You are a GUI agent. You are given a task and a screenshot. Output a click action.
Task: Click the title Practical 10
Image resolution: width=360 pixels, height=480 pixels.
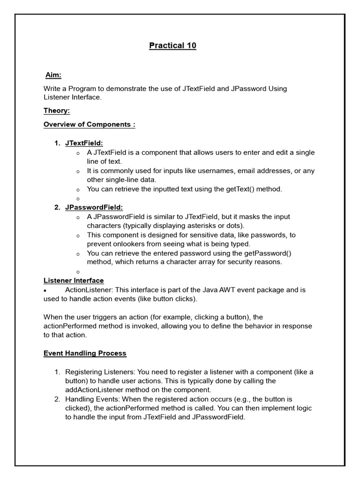tap(172, 45)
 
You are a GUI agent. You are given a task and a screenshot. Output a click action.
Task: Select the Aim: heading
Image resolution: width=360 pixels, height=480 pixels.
tap(53, 75)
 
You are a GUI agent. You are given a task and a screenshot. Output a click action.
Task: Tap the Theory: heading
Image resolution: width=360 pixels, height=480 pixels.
tap(57, 111)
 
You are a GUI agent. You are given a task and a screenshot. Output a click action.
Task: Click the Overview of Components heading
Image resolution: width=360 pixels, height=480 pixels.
tap(89, 124)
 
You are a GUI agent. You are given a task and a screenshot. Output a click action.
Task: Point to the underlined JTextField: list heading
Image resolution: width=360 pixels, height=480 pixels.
tap(84, 143)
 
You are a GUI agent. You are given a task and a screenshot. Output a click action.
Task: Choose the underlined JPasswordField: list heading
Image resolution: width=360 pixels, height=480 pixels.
tap(94, 207)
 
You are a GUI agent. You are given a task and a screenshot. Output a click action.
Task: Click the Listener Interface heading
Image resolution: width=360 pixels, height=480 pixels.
tap(74, 280)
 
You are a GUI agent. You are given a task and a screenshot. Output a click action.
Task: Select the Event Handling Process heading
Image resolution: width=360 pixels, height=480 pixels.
tap(85, 353)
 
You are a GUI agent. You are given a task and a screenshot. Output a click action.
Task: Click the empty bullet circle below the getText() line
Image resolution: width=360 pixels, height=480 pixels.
tap(77, 199)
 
